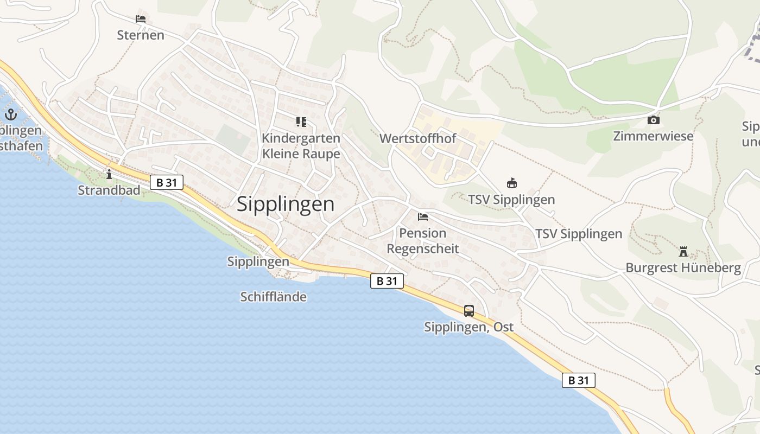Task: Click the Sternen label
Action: click(x=141, y=35)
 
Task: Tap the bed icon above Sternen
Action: click(x=141, y=19)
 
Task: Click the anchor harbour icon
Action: click(x=11, y=114)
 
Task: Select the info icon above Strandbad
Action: click(x=109, y=174)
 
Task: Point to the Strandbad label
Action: click(x=109, y=190)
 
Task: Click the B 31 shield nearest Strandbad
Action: click(x=167, y=182)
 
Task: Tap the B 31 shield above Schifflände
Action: click(x=387, y=280)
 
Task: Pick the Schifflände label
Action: click(x=273, y=297)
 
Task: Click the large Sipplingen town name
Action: click(x=286, y=204)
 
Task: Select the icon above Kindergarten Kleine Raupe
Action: click(x=301, y=122)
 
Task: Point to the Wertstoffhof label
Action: click(x=417, y=138)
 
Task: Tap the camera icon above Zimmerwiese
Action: click(x=654, y=120)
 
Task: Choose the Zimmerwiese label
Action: click(x=653, y=136)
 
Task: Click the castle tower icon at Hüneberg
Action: click(x=683, y=252)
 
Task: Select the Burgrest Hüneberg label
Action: click(x=683, y=267)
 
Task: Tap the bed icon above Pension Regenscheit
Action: click(x=423, y=217)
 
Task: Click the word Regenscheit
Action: click(x=423, y=249)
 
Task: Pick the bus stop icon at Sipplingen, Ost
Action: click(x=469, y=311)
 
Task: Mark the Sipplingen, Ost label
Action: click(x=468, y=327)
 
